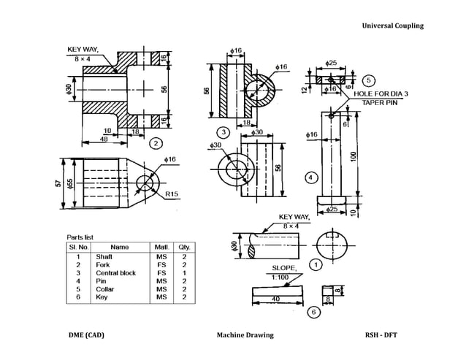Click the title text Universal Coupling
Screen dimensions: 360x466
392,26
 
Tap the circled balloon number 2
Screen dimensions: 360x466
156,143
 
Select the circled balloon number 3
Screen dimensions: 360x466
224,131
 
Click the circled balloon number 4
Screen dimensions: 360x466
310,177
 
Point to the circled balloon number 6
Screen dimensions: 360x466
313,312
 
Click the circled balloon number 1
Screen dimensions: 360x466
316,264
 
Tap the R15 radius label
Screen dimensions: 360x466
172,194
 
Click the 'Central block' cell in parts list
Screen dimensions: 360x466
116,273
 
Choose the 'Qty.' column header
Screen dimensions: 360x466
184,248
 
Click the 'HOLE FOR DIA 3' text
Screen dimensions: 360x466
381,94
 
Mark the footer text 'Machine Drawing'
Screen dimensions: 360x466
245,335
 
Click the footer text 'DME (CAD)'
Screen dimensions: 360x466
86,335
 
